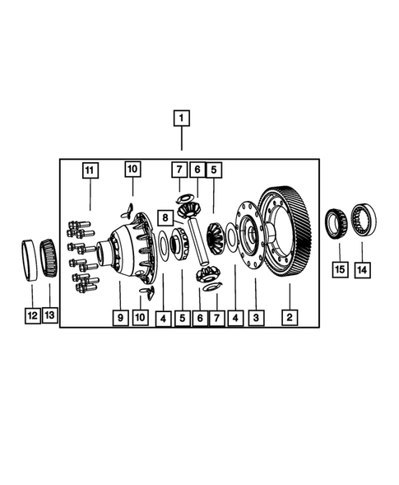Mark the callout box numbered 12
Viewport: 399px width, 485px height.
pos(31,315)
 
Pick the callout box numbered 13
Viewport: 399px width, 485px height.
pos(50,315)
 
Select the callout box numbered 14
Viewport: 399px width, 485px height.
pos(363,268)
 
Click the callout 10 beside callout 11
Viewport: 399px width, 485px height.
pos(132,170)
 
